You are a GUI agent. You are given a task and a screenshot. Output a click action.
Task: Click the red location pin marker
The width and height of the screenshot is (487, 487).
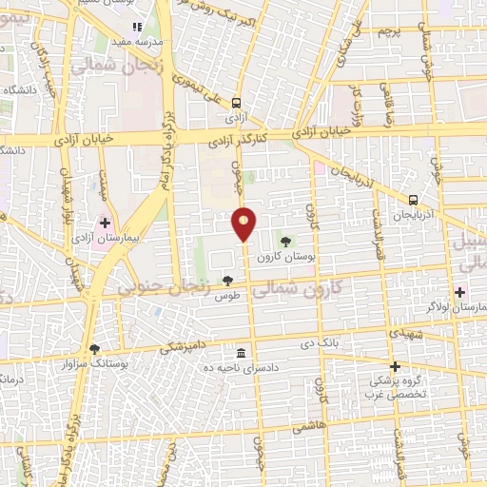point(243,224)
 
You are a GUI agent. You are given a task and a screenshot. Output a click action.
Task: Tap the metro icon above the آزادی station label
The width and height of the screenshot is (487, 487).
point(236,105)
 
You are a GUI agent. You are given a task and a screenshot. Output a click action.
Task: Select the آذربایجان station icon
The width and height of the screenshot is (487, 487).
point(413,200)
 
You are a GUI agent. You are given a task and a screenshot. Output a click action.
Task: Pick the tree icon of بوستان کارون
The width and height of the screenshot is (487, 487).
point(286,241)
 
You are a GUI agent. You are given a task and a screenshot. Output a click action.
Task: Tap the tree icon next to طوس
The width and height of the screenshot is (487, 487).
point(226,280)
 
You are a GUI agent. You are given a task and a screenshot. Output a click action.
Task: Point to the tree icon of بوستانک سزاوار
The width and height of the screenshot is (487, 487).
point(93,348)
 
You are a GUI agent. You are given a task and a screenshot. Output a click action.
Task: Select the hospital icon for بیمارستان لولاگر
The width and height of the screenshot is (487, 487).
point(461,292)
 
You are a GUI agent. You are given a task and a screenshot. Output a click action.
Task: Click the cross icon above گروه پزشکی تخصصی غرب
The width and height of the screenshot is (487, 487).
point(395,366)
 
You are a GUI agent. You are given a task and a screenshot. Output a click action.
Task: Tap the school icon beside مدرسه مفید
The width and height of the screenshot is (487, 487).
point(138,28)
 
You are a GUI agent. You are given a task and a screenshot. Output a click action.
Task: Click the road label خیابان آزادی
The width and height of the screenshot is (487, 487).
point(84,139)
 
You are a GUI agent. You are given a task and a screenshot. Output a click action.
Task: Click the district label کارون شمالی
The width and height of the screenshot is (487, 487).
point(328,285)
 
